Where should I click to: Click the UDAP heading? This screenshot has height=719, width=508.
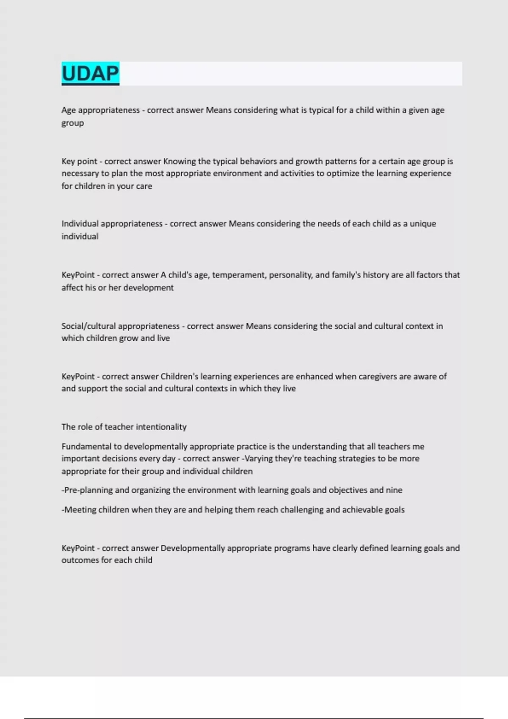(x=90, y=74)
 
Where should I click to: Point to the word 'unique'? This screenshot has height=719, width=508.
(x=422, y=224)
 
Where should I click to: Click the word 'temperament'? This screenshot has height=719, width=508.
(x=238, y=275)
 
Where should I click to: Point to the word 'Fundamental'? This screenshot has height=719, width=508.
(x=86, y=447)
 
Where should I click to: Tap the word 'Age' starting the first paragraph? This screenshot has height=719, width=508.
(x=69, y=110)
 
